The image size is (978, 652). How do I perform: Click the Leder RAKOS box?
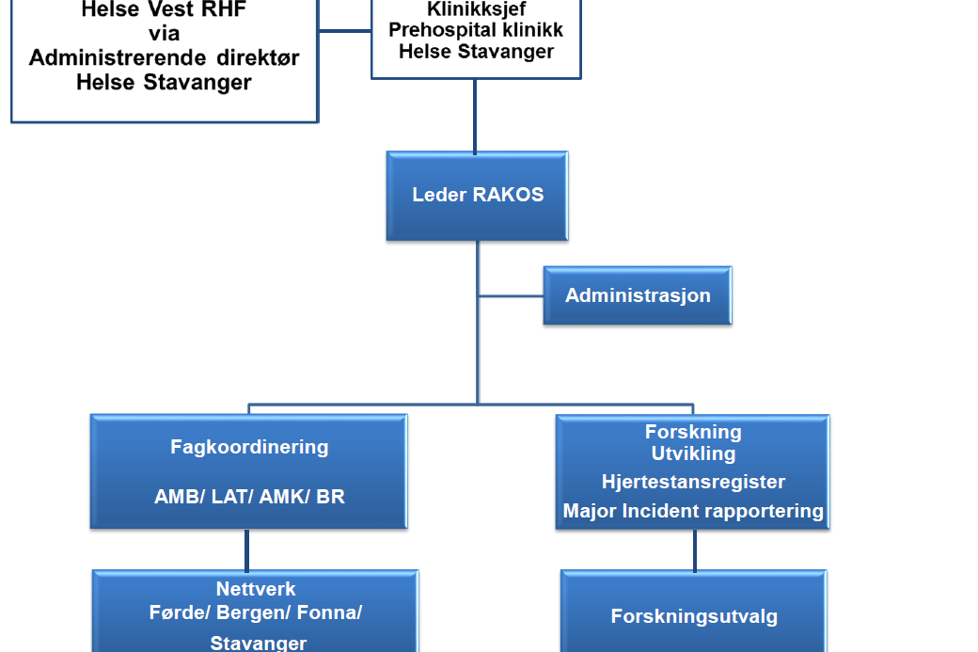[x=477, y=196]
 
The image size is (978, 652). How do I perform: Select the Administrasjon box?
[x=638, y=295]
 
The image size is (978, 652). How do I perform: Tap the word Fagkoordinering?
[x=249, y=447]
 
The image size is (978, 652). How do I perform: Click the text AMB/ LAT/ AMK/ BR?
[x=249, y=497]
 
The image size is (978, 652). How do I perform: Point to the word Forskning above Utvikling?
[x=693, y=432]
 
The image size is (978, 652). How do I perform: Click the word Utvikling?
[x=693, y=453]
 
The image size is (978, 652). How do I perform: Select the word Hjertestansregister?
[x=693, y=482]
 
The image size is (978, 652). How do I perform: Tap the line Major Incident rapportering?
[x=693, y=512]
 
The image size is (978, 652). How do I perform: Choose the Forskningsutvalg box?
[x=694, y=617]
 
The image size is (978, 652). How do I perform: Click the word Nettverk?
[x=256, y=589]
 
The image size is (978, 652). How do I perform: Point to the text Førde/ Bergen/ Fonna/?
[x=256, y=612]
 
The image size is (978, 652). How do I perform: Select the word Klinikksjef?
[x=476, y=9]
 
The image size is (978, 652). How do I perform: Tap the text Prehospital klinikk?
[x=476, y=30]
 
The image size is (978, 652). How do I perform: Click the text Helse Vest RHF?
[x=164, y=11]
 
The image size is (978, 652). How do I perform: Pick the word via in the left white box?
[x=164, y=35]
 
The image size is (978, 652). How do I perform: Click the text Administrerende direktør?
[x=164, y=58]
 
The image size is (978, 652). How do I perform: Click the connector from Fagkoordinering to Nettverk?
[x=247, y=549]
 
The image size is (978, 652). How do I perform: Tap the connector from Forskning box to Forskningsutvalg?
[x=695, y=549]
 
